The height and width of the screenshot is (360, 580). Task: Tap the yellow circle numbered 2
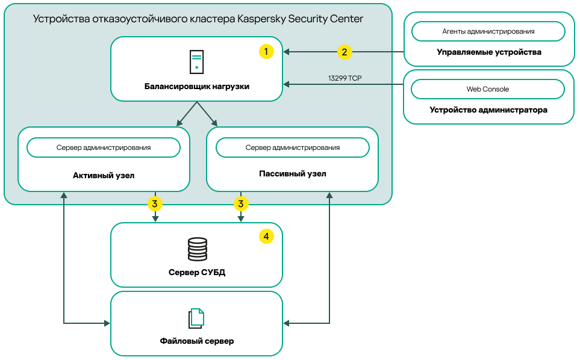[x=344, y=52]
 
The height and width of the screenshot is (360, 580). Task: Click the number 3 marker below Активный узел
[x=155, y=203]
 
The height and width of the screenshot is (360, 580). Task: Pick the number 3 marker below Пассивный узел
[x=241, y=203]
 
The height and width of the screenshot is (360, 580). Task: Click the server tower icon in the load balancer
[x=196, y=63]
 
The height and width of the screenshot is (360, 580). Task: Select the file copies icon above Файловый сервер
[x=196, y=318]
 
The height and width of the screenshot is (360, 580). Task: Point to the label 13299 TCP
[x=345, y=78]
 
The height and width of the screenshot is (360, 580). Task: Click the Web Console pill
[x=488, y=89]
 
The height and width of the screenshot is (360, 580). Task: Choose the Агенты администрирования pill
[x=488, y=31]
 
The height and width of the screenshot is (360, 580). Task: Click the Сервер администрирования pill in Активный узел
[x=104, y=147]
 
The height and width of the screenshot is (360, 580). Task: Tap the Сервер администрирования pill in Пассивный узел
[x=293, y=147]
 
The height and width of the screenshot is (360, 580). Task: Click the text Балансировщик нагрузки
[x=196, y=87]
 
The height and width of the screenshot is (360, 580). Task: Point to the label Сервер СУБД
[x=196, y=272]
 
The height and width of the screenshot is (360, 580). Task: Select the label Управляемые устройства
[x=488, y=52]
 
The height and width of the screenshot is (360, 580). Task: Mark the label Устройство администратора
[x=488, y=110]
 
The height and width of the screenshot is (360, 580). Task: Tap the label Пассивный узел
[x=293, y=174]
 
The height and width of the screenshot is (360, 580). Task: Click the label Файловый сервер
[x=196, y=341]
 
